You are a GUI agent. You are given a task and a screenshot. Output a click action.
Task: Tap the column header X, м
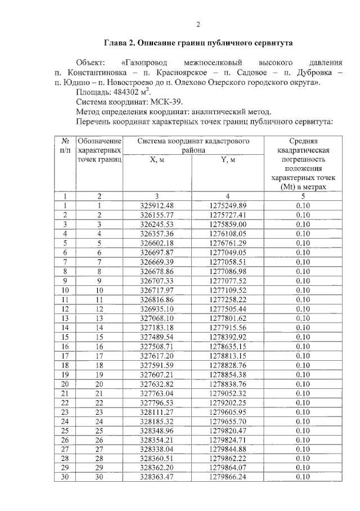tap(157, 160)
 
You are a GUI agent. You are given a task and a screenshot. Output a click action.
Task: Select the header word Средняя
tap(304, 141)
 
